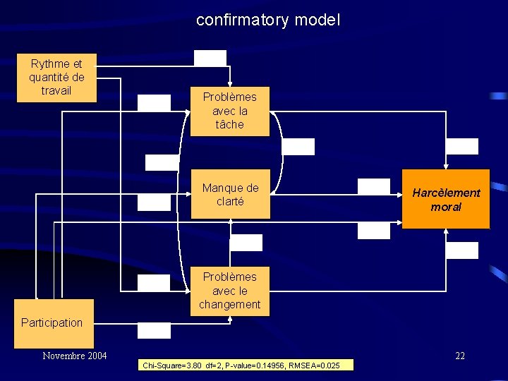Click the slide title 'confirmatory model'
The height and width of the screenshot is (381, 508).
[x=268, y=20]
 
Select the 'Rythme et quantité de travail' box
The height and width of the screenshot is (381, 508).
[x=56, y=78]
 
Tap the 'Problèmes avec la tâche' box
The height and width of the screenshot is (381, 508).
[x=230, y=111]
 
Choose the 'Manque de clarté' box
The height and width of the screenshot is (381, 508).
[x=230, y=195]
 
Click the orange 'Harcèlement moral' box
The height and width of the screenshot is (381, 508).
[x=446, y=200]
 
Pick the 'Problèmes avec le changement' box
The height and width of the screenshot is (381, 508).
[x=230, y=291]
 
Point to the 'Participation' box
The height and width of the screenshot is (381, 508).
[x=52, y=322]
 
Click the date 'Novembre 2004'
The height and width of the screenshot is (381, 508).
[x=74, y=356]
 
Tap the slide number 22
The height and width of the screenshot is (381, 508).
[x=459, y=356]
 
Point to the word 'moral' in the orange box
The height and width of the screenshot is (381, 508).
[x=446, y=207]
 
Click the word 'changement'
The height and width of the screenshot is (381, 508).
[x=230, y=305]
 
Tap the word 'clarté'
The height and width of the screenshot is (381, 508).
[x=230, y=202]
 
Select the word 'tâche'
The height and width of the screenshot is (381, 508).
[x=230, y=125]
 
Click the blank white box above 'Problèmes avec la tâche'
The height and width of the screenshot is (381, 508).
[x=210, y=58]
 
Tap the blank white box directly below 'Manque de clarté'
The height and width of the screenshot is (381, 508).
[x=246, y=243]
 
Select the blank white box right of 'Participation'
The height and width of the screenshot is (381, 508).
[x=154, y=330]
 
